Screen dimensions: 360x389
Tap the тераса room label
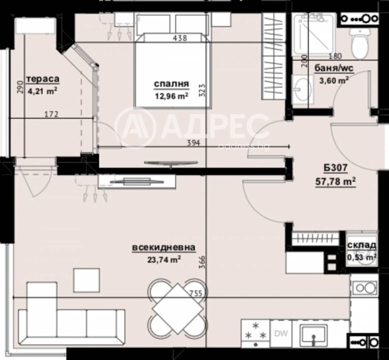[x=43, y=79]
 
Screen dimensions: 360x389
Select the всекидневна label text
[x=164, y=248]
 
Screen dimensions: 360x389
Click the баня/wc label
[x=334, y=69]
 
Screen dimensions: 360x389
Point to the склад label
[x=362, y=245]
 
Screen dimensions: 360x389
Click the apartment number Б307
[x=334, y=169]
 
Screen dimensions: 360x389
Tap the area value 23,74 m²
[x=164, y=259]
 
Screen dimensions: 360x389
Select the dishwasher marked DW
[x=281, y=333]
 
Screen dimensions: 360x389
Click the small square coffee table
[x=86, y=279]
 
